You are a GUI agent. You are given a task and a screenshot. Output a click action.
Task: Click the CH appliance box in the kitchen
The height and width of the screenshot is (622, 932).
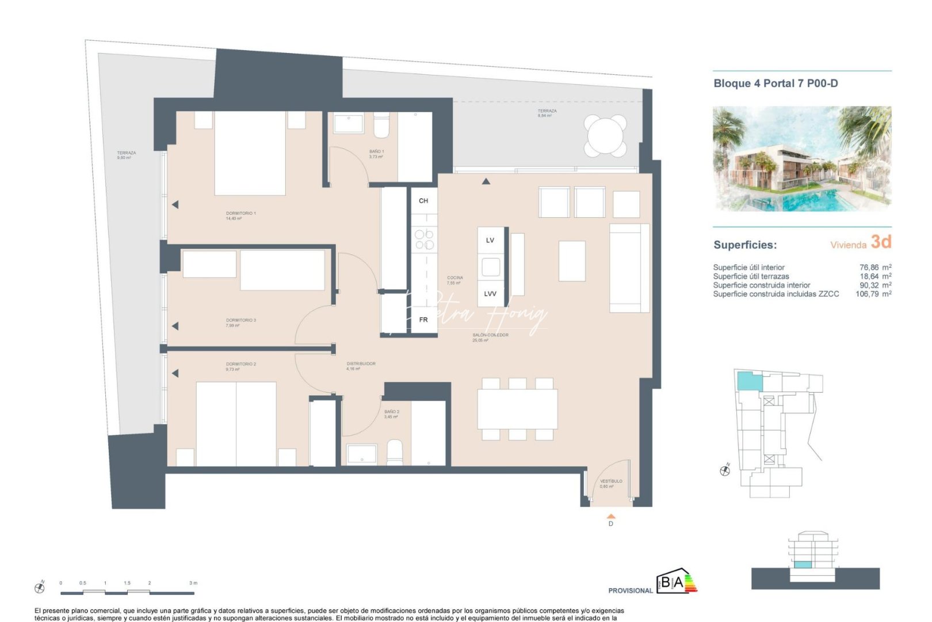(424, 201)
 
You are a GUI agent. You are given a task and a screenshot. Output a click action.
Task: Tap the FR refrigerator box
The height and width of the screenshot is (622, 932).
(424, 320)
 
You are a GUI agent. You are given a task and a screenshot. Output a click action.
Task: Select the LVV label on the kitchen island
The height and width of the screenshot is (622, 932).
(490, 294)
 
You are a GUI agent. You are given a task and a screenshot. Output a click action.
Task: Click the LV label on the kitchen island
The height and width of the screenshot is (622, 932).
(490, 240)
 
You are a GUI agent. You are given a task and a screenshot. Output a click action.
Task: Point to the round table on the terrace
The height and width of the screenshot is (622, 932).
(605, 136)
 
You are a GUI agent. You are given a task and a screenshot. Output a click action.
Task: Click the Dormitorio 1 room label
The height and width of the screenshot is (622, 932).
(241, 215)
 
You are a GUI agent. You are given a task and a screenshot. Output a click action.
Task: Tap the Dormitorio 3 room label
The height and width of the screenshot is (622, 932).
(240, 323)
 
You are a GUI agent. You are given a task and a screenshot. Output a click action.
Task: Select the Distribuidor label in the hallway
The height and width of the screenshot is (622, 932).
(361, 366)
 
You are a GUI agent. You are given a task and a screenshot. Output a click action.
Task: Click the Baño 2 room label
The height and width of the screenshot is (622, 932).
(392, 414)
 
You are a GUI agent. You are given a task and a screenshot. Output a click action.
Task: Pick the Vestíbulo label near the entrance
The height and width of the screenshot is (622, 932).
(611, 483)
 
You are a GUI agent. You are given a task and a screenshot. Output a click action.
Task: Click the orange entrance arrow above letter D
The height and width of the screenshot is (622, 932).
(611, 517)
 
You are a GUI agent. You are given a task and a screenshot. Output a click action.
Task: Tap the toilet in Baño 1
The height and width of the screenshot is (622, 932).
(381, 126)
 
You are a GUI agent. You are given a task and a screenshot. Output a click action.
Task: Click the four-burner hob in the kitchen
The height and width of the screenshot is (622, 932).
(425, 240)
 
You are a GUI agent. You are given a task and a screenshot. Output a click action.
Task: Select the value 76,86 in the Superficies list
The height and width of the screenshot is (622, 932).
(869, 267)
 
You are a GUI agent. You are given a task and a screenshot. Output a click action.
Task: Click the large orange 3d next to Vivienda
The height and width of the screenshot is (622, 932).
(881, 242)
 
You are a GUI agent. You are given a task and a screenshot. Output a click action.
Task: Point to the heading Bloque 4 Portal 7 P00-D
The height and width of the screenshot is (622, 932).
(776, 84)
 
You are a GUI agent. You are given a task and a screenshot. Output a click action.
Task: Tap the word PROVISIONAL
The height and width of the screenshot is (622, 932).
(631, 590)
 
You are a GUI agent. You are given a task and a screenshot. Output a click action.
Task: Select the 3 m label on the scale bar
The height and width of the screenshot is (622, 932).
(193, 583)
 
